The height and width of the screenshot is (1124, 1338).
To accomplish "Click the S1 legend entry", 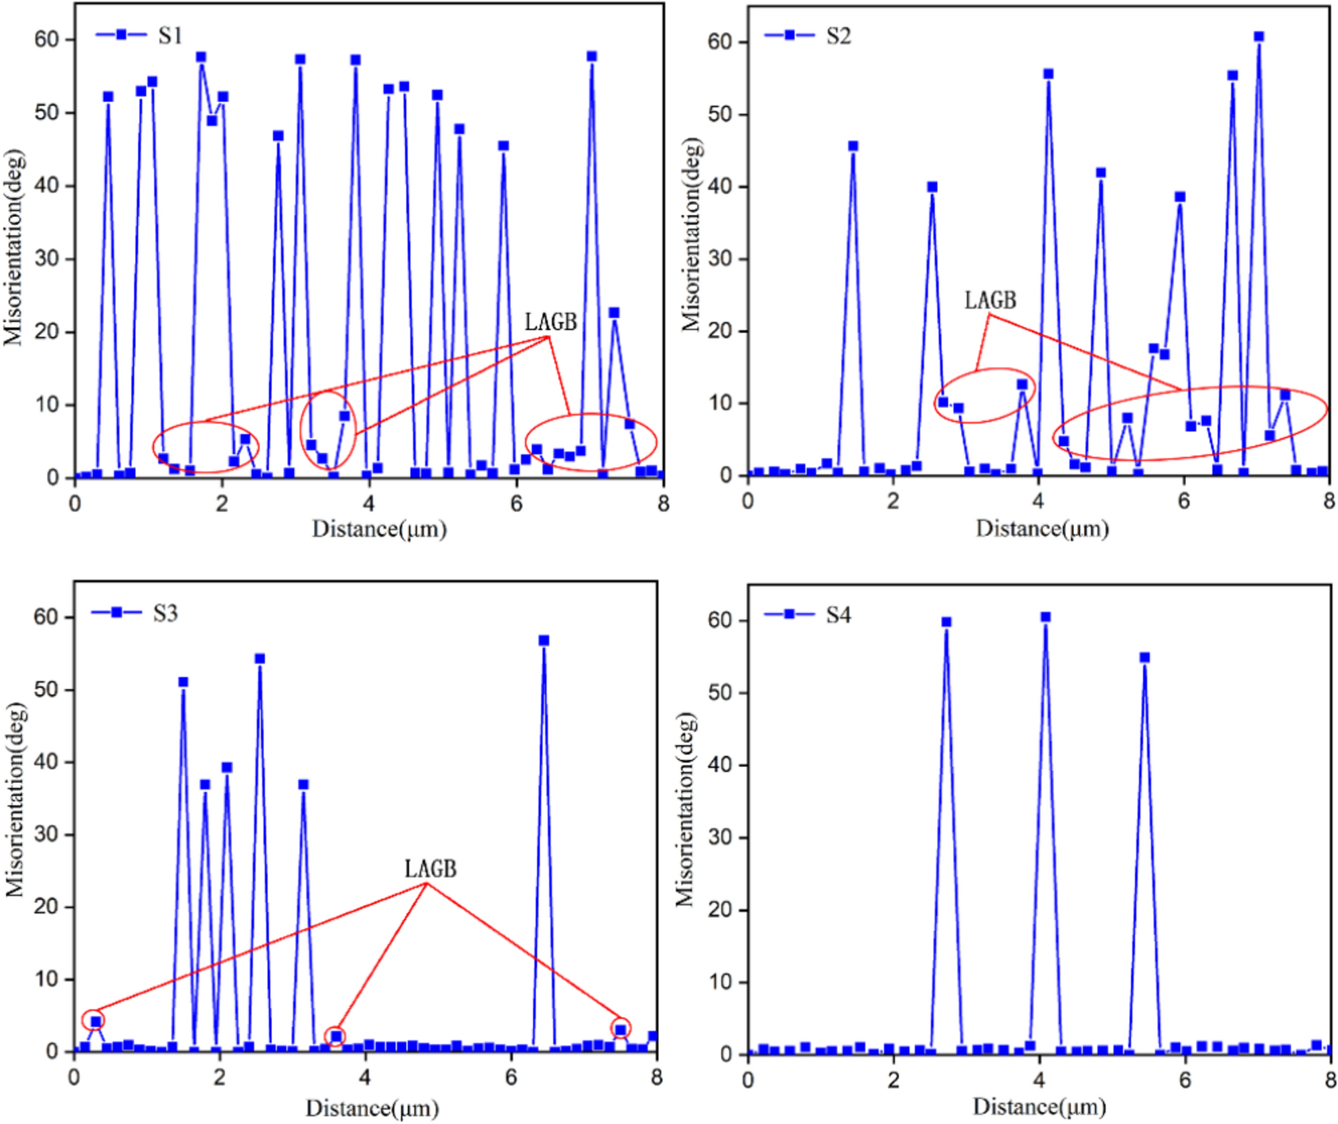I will (140, 35).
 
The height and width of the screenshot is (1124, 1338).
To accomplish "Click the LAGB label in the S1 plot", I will (550, 322).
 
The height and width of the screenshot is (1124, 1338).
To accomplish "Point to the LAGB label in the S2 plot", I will (990, 300).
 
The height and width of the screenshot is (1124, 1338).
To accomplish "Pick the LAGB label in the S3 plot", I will (431, 869).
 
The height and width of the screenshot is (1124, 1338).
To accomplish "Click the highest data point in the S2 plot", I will (1258, 37).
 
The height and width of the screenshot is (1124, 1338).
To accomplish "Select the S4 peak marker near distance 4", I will (1045, 617).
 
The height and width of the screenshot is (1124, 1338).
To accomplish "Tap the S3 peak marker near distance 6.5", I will (544, 641).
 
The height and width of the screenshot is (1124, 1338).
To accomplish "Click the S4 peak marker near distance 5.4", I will (1144, 658).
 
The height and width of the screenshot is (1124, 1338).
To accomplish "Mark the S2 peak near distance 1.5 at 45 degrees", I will (852, 146).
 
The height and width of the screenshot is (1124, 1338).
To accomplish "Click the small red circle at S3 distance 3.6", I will (336, 1036).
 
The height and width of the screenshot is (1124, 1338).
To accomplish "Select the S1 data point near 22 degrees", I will (614, 313).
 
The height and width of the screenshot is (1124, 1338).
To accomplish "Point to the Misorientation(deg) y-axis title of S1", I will (13, 248).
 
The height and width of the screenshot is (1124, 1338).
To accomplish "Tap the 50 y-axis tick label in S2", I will (720, 114).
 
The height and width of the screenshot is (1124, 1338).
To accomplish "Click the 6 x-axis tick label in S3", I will (511, 1077).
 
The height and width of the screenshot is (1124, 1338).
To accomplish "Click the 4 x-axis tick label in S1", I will (369, 504).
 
